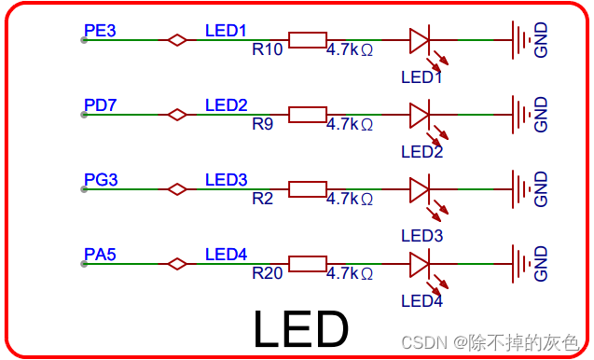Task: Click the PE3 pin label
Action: [x=100, y=30]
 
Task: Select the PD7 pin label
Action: [x=100, y=104]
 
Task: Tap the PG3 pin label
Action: [x=101, y=179]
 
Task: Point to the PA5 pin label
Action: [x=100, y=254]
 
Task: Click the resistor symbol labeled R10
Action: [x=307, y=40]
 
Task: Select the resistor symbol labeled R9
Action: [x=307, y=115]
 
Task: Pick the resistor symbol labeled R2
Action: [x=307, y=189]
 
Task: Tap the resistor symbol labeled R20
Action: [x=307, y=264]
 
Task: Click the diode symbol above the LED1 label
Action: [x=420, y=40]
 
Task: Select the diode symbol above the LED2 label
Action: [x=420, y=115]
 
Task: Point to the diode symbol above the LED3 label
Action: [x=420, y=189]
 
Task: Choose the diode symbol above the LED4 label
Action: [x=420, y=264]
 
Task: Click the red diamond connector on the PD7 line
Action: [x=176, y=115]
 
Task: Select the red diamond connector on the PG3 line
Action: [x=176, y=189]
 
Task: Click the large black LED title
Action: [x=300, y=329]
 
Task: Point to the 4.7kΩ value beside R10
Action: [x=350, y=49]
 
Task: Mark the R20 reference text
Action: [x=268, y=273]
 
